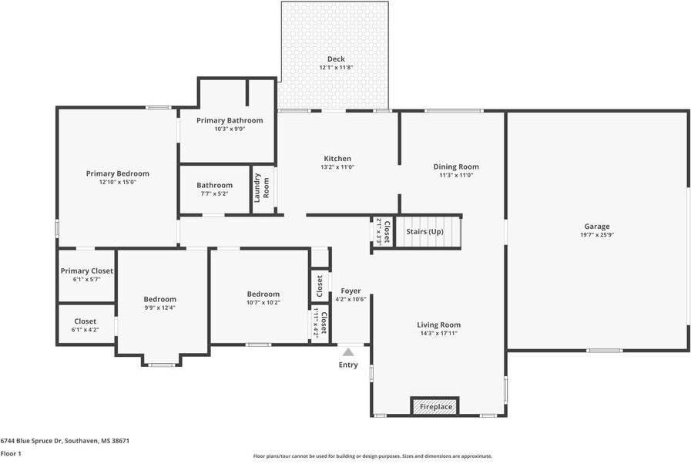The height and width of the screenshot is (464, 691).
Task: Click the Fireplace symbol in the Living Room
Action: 435,406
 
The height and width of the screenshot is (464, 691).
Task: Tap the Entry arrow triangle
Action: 348,352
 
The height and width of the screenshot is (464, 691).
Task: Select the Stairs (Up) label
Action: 424,232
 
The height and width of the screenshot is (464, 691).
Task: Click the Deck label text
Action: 336,59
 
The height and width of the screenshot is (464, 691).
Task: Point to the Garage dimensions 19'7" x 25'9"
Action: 597,234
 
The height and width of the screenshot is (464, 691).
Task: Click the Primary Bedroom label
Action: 118,173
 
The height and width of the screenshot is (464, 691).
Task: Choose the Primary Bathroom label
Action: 230,120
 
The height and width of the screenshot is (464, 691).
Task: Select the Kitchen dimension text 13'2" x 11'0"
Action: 337,167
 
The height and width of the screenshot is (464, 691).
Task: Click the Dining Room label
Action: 456,166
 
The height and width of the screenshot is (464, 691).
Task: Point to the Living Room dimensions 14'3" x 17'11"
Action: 439,334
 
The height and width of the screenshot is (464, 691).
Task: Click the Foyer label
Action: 351,291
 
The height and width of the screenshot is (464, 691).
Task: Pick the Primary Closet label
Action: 87,271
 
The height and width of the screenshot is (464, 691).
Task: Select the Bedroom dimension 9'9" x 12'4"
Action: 160,308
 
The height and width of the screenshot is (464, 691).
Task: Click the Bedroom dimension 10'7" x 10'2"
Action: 263,302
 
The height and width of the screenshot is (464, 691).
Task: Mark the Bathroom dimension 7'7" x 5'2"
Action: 213,193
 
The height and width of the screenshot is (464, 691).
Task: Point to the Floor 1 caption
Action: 11,454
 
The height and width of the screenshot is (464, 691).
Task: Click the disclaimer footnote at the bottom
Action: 373,456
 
